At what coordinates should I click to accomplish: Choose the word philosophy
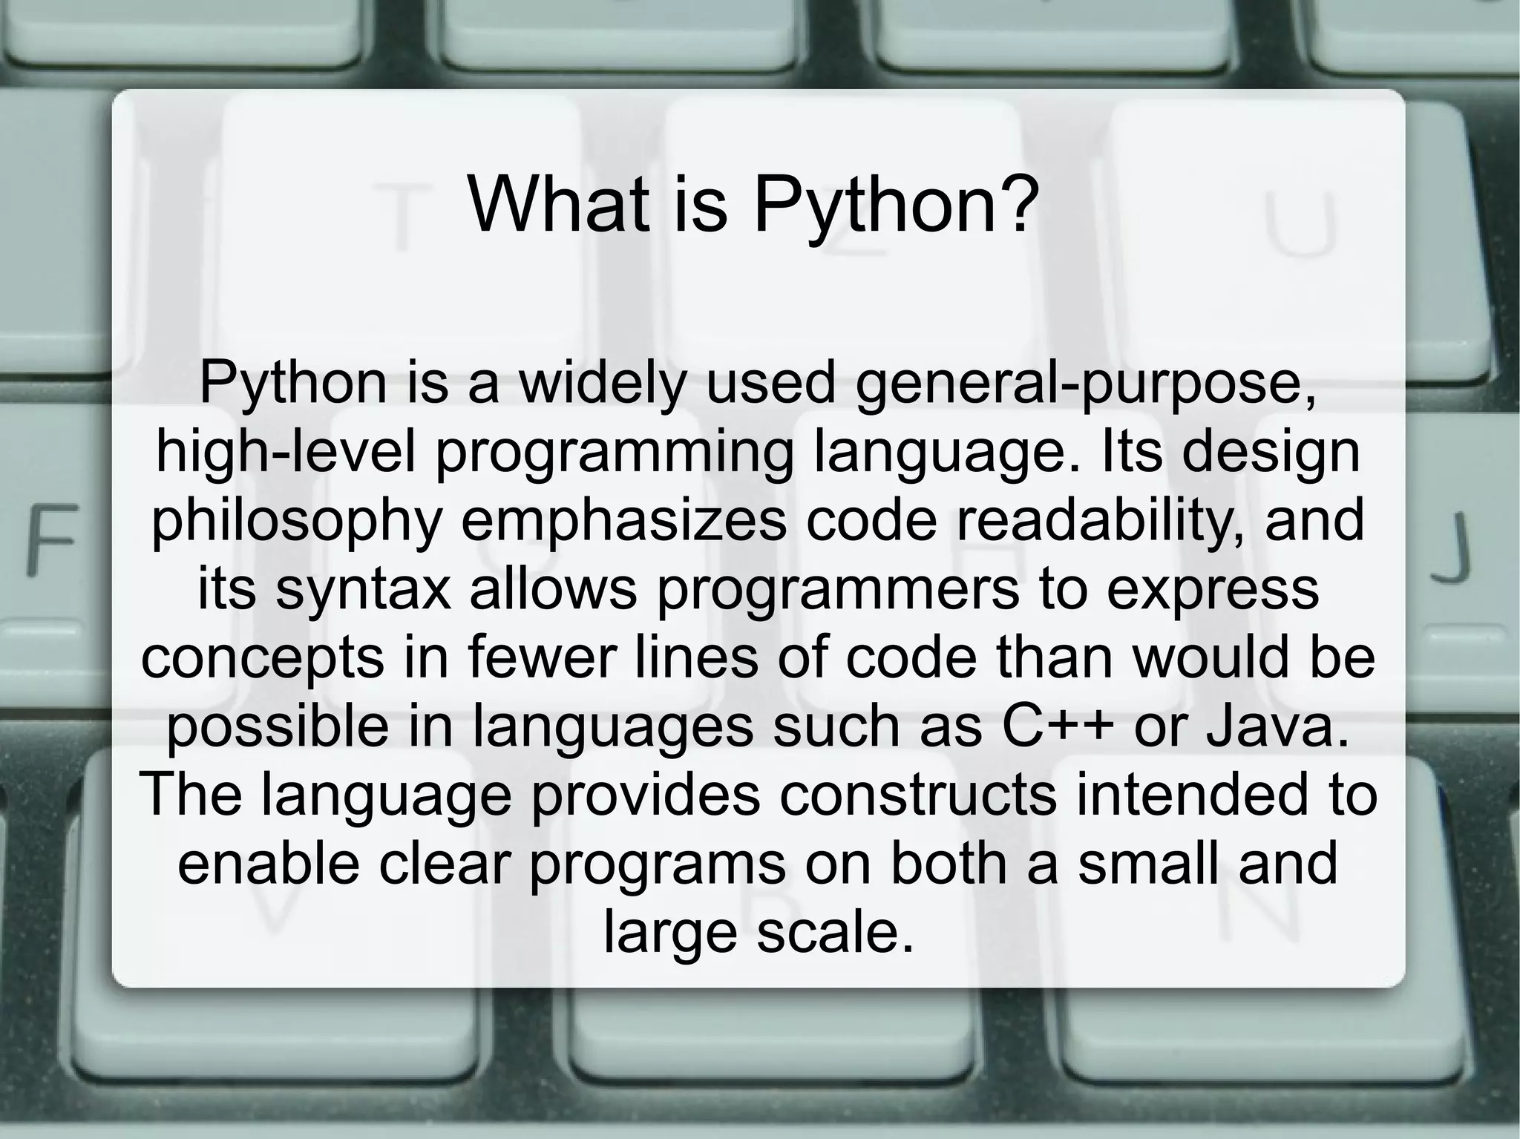297,521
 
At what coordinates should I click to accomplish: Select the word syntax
363,590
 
